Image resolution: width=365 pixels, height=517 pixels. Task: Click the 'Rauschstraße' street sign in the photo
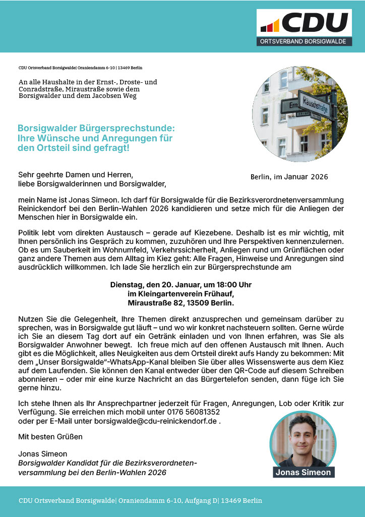point(314,105)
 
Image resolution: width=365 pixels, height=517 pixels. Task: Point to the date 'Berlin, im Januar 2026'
point(289,177)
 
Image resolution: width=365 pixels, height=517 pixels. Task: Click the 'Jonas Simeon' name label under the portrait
point(303,473)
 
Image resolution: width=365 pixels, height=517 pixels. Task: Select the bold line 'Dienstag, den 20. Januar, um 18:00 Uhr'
point(181,285)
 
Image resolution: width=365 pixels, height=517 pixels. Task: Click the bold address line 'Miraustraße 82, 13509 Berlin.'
point(181,303)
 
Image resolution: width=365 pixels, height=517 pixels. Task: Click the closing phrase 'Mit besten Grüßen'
point(50,436)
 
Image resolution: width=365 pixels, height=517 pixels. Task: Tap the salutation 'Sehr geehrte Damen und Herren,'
point(76,175)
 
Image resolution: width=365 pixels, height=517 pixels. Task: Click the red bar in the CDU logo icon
point(270,26)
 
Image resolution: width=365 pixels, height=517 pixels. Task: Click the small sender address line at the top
point(80,68)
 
